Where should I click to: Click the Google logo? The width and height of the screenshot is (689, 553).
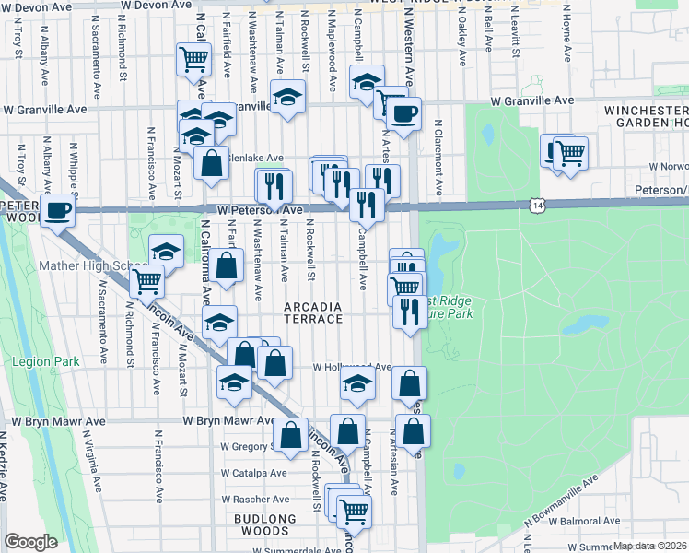click(30, 542)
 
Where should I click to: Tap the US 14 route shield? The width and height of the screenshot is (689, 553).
click(536, 202)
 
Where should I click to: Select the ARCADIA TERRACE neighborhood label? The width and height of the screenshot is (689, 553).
click(313, 312)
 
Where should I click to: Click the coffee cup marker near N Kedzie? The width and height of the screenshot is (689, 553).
click(58, 209)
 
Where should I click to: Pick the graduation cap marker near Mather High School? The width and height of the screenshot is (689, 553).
click(166, 250)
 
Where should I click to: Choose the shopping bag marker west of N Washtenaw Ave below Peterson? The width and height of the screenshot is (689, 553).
click(226, 265)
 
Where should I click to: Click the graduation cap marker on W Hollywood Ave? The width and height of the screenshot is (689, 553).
click(358, 385)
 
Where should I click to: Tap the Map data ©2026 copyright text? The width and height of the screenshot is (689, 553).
click(649, 546)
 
